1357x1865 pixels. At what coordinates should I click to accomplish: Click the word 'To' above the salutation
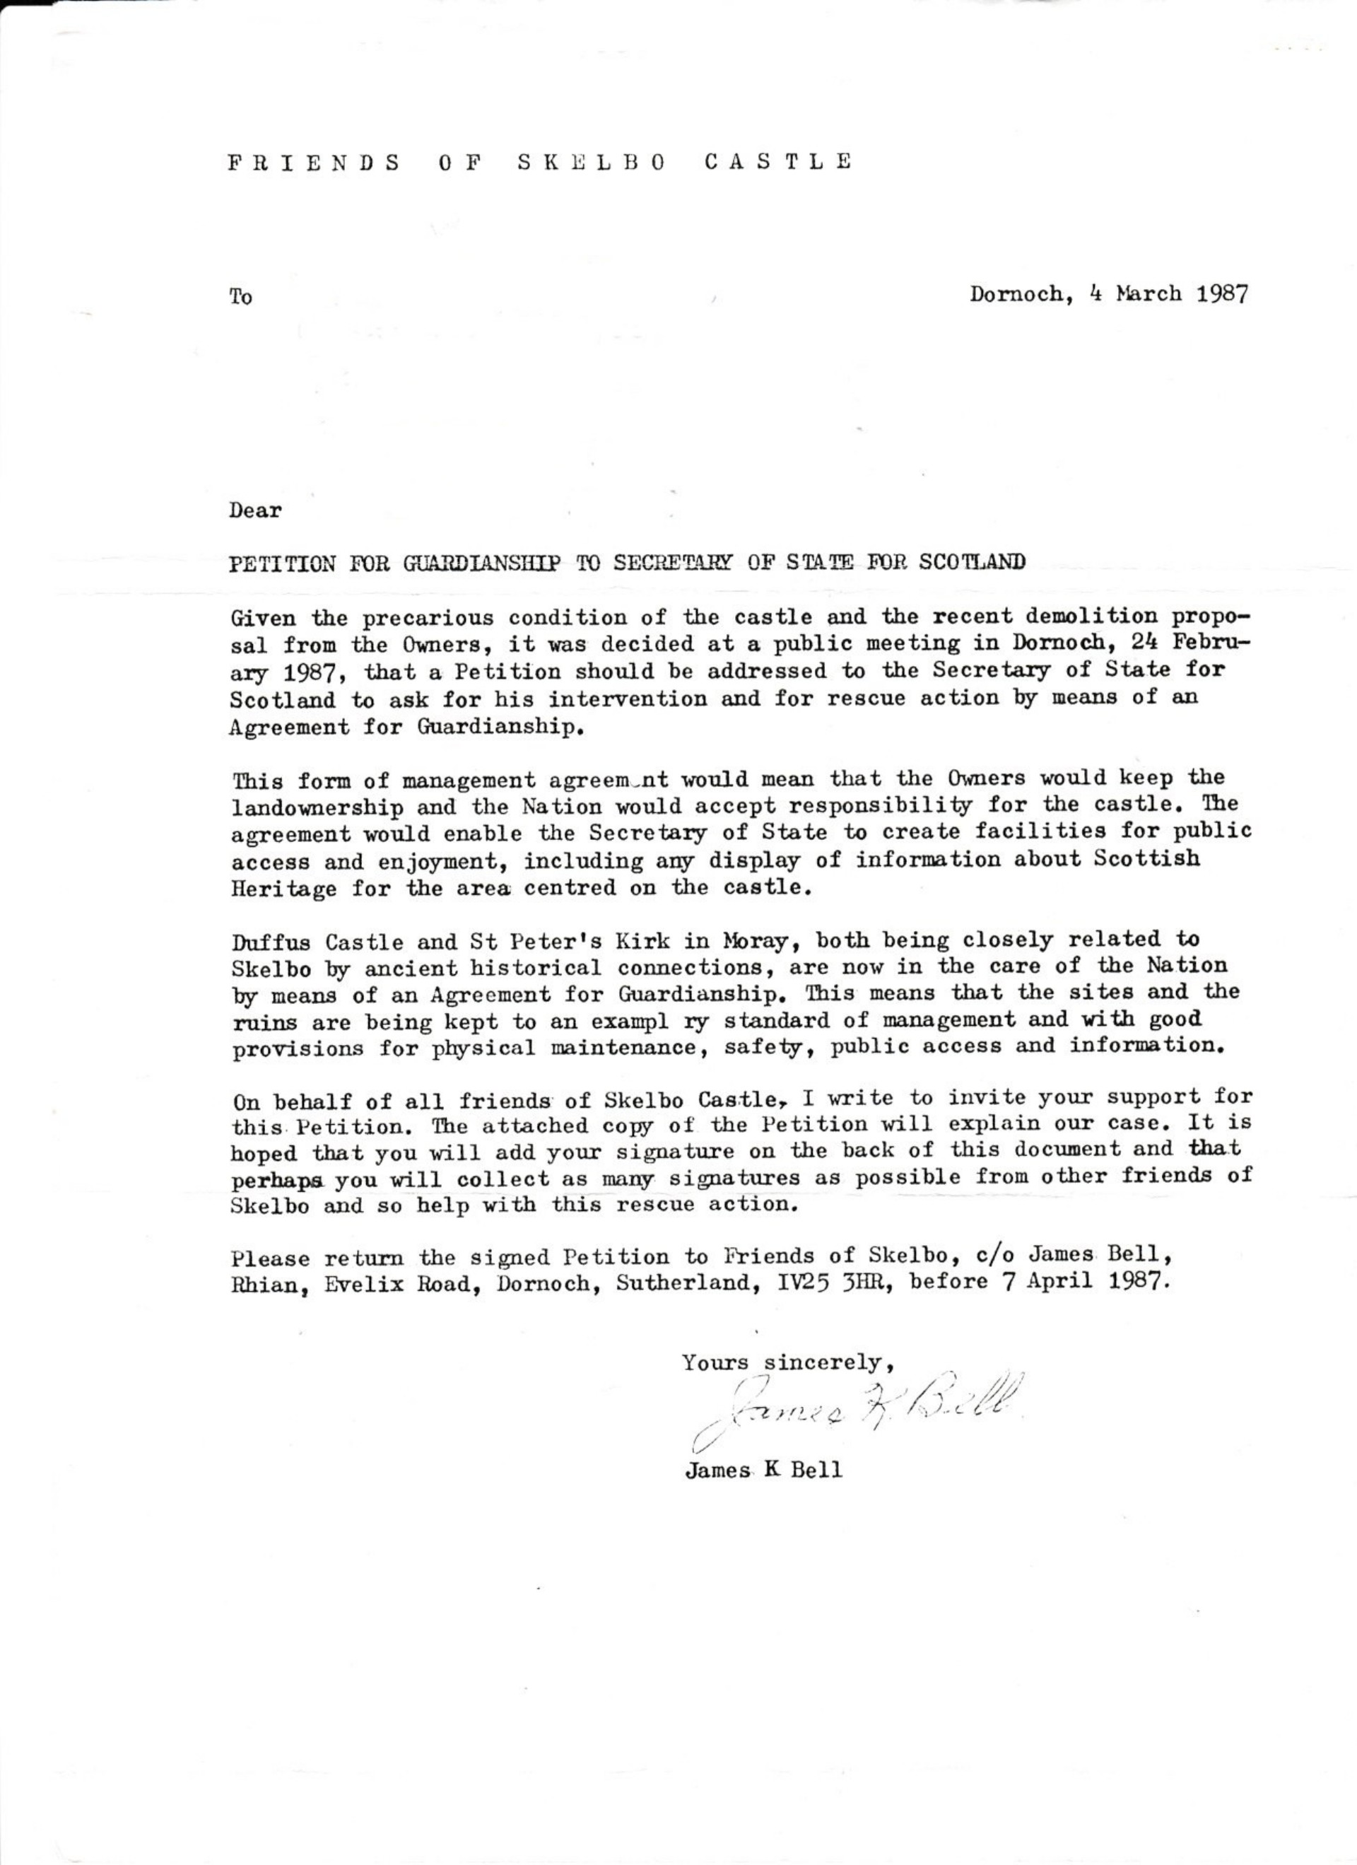pyautogui.click(x=241, y=297)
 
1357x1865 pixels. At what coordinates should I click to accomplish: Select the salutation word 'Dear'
pyautogui.click(x=256, y=510)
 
